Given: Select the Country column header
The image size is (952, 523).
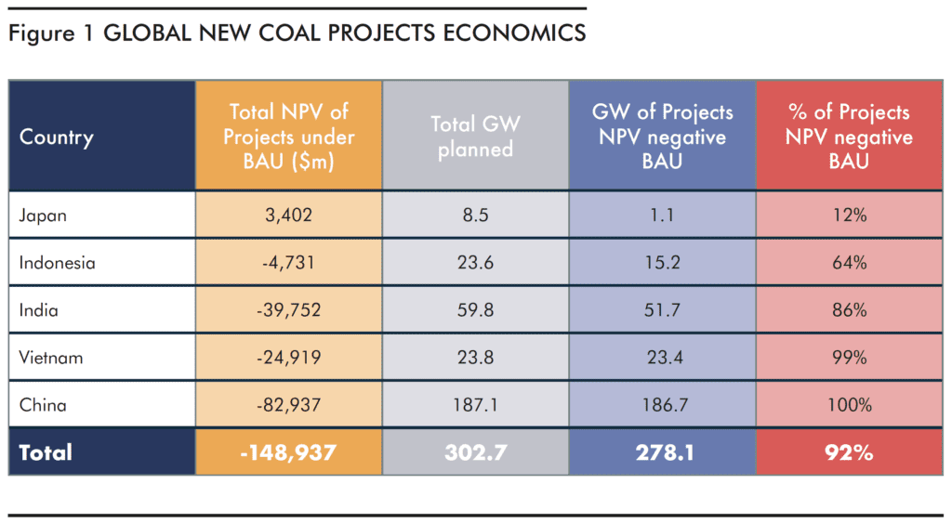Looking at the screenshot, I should click(57, 137).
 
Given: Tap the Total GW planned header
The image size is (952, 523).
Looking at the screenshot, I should click(475, 137).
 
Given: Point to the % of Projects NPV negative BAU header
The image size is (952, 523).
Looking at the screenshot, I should click(847, 137).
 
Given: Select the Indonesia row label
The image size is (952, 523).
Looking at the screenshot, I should click(57, 263).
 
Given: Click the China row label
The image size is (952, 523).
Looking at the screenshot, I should click(43, 405).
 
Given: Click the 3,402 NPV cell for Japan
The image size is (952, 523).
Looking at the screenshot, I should click(288, 216).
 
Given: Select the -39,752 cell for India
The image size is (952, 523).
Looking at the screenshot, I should click(288, 310).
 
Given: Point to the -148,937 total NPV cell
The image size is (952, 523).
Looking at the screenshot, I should click(288, 452).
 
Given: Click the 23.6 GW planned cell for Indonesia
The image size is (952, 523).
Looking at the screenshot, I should click(475, 263).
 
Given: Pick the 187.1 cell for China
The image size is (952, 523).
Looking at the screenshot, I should click(475, 405).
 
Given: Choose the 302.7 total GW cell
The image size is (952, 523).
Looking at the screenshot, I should click(475, 452).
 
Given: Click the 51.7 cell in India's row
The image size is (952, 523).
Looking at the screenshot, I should click(661, 310).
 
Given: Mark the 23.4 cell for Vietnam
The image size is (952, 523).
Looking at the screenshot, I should click(661, 358).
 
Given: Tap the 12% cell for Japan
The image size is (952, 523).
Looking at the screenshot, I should click(847, 216).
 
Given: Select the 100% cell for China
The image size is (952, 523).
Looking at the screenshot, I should click(847, 405).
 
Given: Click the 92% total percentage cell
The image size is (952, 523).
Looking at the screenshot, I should click(847, 452).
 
